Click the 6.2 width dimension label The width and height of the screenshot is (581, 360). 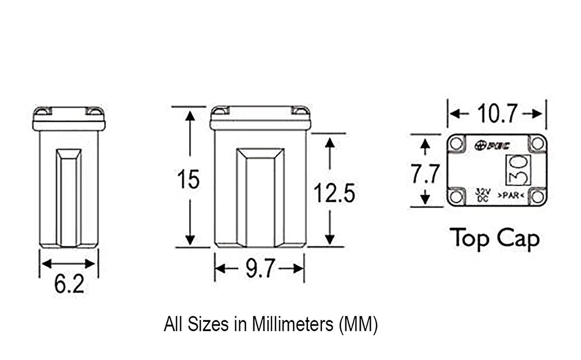69,285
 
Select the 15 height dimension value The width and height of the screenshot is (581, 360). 188,179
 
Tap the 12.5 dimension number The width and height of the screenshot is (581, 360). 334,193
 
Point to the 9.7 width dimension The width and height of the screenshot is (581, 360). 260,268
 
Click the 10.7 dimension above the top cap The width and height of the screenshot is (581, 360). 497,114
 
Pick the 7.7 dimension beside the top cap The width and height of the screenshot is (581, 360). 425,174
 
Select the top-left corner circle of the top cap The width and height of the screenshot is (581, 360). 457,143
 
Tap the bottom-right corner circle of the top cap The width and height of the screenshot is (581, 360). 537,196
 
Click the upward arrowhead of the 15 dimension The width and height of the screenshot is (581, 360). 190,115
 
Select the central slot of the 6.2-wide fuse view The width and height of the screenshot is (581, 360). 69,198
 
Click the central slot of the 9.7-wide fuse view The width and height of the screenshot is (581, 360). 260,198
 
